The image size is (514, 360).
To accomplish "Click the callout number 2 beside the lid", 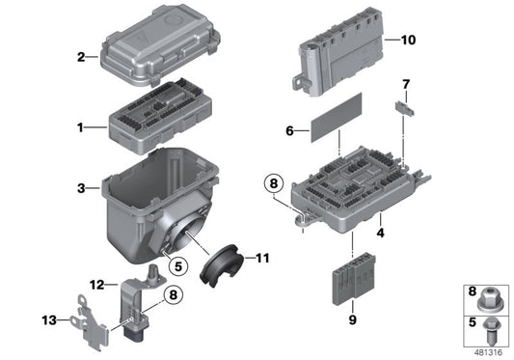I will (81, 57).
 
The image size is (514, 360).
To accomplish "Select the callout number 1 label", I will (82, 126).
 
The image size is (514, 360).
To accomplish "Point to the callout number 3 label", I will (82, 187).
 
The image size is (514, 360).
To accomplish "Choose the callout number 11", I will (263, 258).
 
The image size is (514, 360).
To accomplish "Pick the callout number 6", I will (289, 130).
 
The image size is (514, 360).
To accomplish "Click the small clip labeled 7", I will (404, 109).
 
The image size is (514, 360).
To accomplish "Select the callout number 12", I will (97, 284).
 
